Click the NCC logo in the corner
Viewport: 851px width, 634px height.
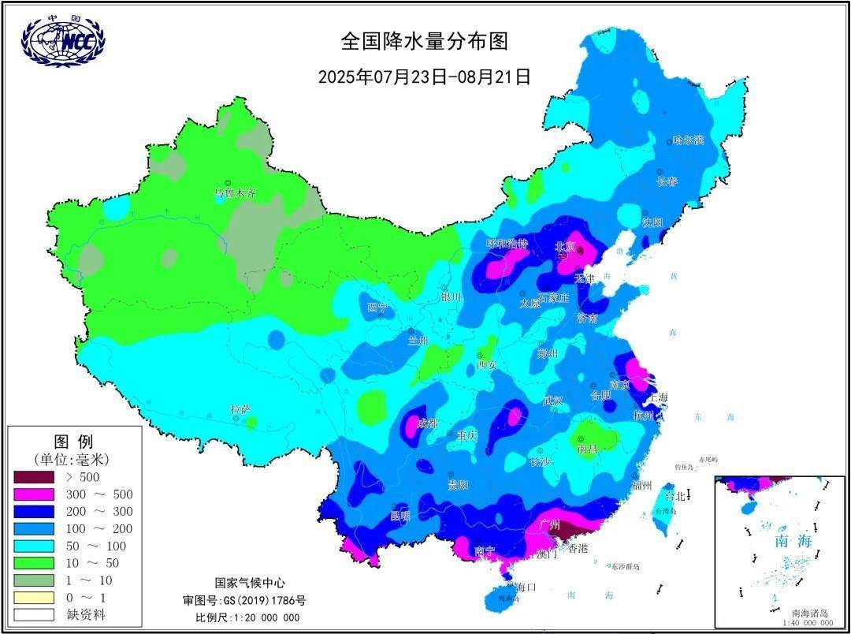(x=63, y=41)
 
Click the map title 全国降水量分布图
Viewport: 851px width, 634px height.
(x=424, y=41)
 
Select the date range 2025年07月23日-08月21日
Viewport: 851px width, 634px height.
(x=424, y=77)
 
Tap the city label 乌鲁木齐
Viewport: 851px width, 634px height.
(x=236, y=192)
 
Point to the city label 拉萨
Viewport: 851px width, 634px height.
(x=240, y=409)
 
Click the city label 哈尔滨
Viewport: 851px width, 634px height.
(x=688, y=140)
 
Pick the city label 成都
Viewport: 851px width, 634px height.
(x=426, y=423)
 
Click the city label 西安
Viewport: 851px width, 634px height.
(x=487, y=364)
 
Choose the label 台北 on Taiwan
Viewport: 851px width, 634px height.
(x=676, y=497)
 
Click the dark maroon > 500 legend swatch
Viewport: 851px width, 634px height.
(x=34, y=477)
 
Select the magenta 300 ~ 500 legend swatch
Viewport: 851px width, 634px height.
(x=34, y=494)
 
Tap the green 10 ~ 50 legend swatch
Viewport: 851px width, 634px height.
(x=34, y=563)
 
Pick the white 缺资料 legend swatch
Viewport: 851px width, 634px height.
(x=34, y=614)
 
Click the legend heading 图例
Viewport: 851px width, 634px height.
(x=73, y=441)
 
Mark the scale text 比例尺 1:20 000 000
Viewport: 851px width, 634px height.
(x=247, y=617)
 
